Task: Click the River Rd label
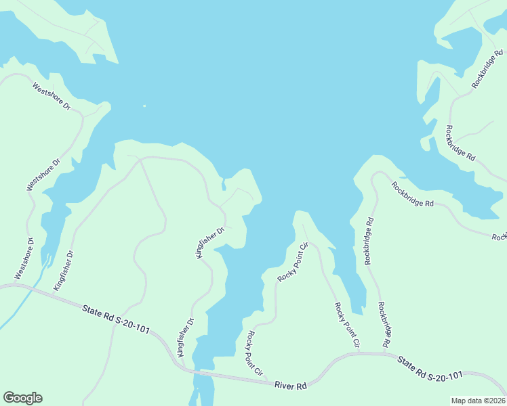click(291, 385)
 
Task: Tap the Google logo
click(22, 398)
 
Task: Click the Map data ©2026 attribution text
click(478, 401)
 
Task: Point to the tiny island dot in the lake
click(144, 106)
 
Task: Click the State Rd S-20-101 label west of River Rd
click(116, 319)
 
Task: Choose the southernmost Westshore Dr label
click(23, 258)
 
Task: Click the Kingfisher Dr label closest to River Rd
click(185, 336)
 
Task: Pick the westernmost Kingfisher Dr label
click(64, 270)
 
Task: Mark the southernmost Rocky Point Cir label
click(255, 352)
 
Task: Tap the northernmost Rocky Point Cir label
click(293, 263)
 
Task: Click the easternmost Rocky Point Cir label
click(346, 325)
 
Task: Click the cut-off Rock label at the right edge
click(500, 237)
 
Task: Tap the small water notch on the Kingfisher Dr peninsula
click(223, 185)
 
